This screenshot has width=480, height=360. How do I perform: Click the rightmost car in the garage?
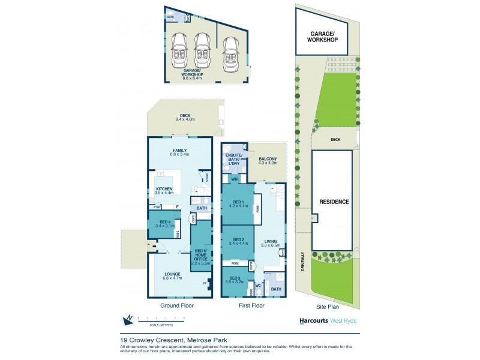(x=229, y=53)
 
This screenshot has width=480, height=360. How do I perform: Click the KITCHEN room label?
(x=164, y=189)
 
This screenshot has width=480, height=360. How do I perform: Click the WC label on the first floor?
(x=259, y=286)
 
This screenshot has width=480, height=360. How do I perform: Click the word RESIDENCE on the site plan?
(x=334, y=202)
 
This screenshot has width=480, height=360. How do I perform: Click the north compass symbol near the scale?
(x=127, y=320)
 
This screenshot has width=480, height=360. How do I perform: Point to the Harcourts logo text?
(x=313, y=321)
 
